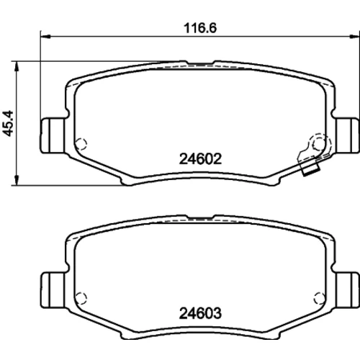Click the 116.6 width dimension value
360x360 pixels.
click(200, 28)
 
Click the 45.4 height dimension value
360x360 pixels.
click(8, 123)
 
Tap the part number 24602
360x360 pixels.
click(200, 159)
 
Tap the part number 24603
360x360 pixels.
click(200, 313)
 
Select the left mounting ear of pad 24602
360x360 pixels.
click(53, 135)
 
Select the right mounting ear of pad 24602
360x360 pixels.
click(347, 135)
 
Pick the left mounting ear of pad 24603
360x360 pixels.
click(53, 290)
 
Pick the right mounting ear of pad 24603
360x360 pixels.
click(347, 290)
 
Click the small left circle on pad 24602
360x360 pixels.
click(81, 144)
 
